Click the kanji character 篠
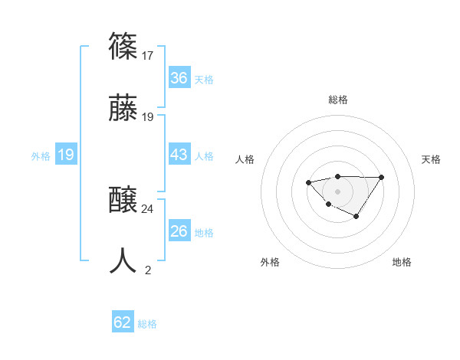click(x=123, y=45)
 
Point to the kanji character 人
click(x=123, y=260)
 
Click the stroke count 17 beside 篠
click(x=147, y=55)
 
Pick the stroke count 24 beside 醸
click(x=148, y=208)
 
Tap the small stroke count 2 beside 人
click(x=148, y=270)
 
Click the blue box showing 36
click(x=179, y=78)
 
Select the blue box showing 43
click(x=179, y=155)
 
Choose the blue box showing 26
click(x=179, y=231)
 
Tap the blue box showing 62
click(x=123, y=322)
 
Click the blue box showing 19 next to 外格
click(x=66, y=155)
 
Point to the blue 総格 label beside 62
click(x=147, y=324)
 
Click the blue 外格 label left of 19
click(x=41, y=155)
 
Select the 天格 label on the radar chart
click(x=431, y=159)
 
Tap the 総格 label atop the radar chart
click(x=337, y=100)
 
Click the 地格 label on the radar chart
click(x=402, y=262)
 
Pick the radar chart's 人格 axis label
click(x=245, y=159)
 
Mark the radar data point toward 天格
click(x=382, y=178)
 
